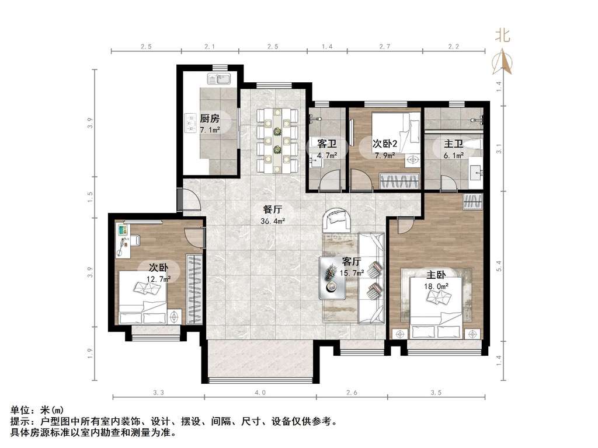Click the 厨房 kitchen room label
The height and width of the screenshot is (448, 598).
[x=210, y=118]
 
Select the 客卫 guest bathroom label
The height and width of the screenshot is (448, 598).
[x=325, y=143]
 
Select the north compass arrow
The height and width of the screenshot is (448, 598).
[x=503, y=61]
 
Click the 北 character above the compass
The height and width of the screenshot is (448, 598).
[x=503, y=36]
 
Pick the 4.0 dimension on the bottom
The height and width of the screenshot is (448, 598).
[x=260, y=393]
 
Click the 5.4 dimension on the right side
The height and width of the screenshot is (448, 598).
[x=498, y=267]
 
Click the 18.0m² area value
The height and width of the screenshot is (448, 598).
[x=436, y=286]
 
